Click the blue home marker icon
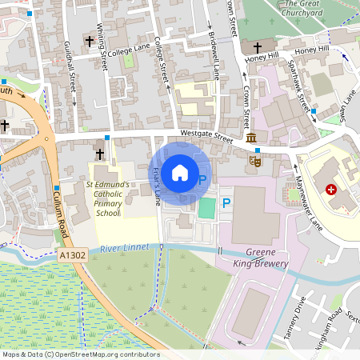180,171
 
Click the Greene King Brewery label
260,257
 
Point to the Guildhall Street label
71,80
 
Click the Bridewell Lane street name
214,56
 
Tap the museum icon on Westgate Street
252,139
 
